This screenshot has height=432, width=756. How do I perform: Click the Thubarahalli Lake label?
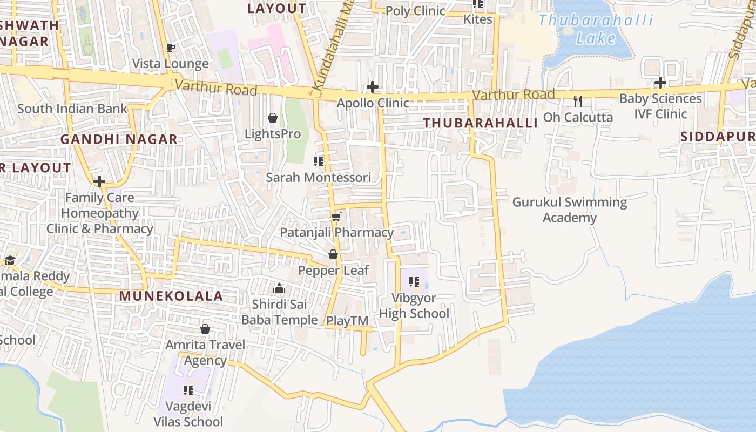(596, 30)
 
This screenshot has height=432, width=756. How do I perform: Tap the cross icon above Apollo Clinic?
(372, 86)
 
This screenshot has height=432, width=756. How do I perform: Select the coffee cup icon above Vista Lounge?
(171, 48)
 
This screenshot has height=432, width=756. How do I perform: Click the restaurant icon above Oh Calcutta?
(578, 101)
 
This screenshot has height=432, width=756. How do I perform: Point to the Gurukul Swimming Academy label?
(569, 210)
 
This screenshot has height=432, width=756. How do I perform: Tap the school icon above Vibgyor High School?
(414, 281)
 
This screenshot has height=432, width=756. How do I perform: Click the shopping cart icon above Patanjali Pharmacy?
(336, 217)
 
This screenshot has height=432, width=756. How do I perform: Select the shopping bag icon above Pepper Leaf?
(333, 254)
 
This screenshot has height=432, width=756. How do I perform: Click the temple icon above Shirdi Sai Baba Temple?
(279, 288)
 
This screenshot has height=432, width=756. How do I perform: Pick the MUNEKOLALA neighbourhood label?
(171, 296)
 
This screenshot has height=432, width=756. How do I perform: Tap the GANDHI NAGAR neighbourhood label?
(119, 139)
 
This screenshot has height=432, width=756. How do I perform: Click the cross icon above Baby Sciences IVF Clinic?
(660, 83)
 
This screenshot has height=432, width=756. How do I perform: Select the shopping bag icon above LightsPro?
(273, 118)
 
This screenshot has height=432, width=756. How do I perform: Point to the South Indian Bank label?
(72, 109)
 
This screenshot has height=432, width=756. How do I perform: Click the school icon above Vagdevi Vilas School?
(188, 390)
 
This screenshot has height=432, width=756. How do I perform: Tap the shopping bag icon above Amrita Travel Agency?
(205, 329)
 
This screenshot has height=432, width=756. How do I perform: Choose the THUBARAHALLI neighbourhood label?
(480, 123)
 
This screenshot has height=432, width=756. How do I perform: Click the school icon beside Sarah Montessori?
(319, 161)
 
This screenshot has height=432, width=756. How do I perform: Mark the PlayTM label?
(347, 321)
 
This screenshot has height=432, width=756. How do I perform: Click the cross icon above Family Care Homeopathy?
(99, 181)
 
